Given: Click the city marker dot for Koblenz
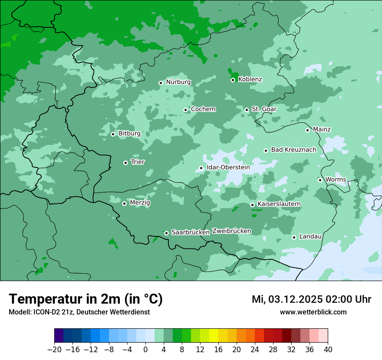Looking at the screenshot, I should tap(233, 80).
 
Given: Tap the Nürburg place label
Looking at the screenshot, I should tap(178, 82).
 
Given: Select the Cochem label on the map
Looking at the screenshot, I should tap(203, 109).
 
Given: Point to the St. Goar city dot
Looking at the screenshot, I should tap(247, 110).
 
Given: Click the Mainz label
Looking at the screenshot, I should tap(322, 129).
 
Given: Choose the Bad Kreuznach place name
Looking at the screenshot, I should tap(293, 150).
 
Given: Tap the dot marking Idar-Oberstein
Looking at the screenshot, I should tap(201, 168).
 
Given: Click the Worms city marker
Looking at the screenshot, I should tap(320, 180).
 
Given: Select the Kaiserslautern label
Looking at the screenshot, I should tap(279, 204).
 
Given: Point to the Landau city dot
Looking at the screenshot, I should tap(294, 237).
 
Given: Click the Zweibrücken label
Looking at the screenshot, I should tap(231, 231).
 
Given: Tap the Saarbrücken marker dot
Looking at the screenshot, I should tap(166, 233).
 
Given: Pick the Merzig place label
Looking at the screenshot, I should tap(140, 203).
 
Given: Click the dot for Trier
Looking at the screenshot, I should tap(125, 163).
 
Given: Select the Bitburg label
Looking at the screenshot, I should tap(129, 134).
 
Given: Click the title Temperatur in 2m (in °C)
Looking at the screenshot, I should tap(86, 299).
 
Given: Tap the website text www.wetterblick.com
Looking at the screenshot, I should tap(313, 312).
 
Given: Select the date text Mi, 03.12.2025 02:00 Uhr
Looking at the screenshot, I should tap(311, 299).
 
